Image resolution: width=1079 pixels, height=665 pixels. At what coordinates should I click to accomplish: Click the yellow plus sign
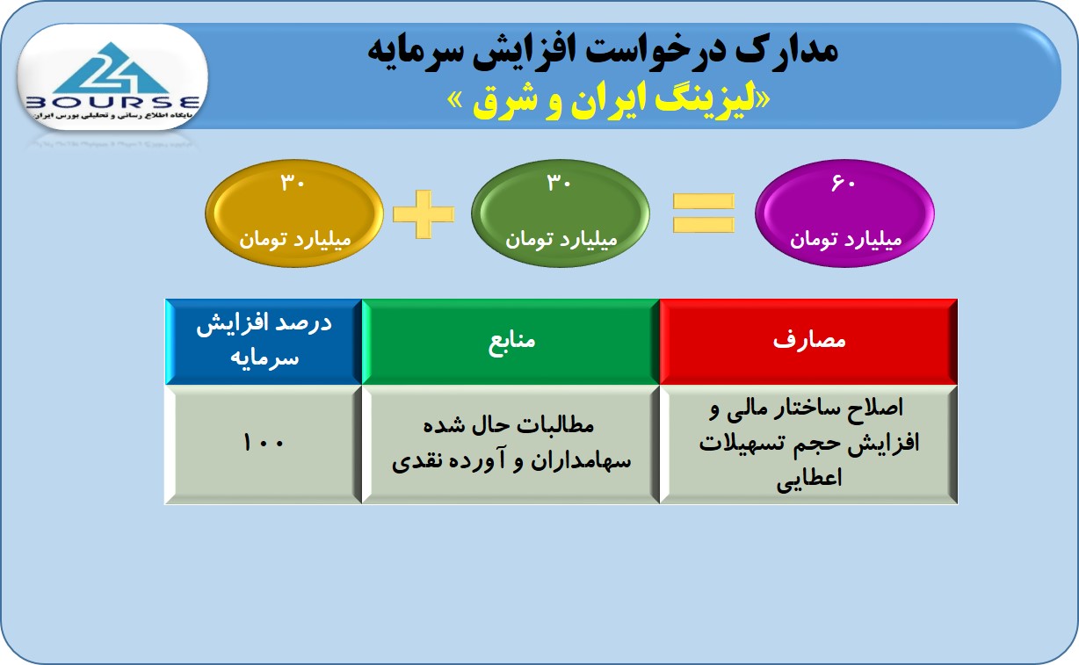[x=424, y=214]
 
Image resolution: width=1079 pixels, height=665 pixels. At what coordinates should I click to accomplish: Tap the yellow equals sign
[x=703, y=213]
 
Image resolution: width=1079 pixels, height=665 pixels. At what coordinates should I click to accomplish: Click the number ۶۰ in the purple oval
[x=843, y=183]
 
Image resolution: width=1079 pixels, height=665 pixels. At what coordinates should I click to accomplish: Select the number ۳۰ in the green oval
[x=559, y=183]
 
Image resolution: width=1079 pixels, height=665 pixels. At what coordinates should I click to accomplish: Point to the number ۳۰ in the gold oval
[x=293, y=183]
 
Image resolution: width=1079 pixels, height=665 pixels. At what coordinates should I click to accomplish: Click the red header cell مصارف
[x=808, y=342]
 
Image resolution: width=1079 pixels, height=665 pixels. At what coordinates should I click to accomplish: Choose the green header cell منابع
[x=511, y=342]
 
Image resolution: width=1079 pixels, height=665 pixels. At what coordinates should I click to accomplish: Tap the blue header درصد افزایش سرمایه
[x=264, y=342]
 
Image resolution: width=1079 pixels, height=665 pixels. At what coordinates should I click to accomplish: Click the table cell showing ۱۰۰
[x=264, y=444]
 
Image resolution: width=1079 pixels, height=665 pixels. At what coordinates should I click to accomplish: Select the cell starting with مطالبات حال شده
[x=511, y=444]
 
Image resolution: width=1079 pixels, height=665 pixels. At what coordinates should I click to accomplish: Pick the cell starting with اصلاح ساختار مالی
[x=808, y=444]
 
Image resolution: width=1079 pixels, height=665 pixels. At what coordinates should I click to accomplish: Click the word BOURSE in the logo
[x=112, y=103]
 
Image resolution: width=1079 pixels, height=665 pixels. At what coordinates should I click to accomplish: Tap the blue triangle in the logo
[x=111, y=69]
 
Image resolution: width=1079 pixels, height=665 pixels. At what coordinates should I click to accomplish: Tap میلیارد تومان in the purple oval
[x=845, y=239]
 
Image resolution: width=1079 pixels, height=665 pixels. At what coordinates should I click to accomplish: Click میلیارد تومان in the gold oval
[x=295, y=239]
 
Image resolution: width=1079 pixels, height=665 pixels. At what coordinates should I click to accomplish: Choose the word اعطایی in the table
[x=808, y=479]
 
